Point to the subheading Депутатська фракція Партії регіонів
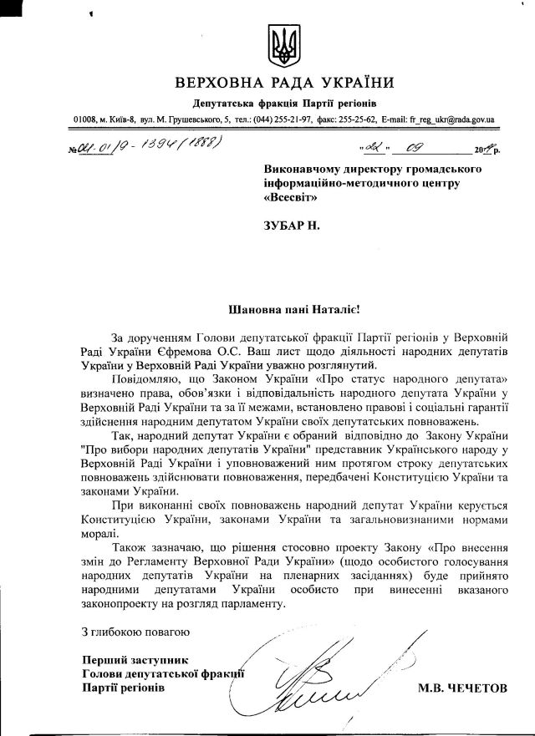click(x=275, y=103)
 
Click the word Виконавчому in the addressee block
click(x=305, y=170)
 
